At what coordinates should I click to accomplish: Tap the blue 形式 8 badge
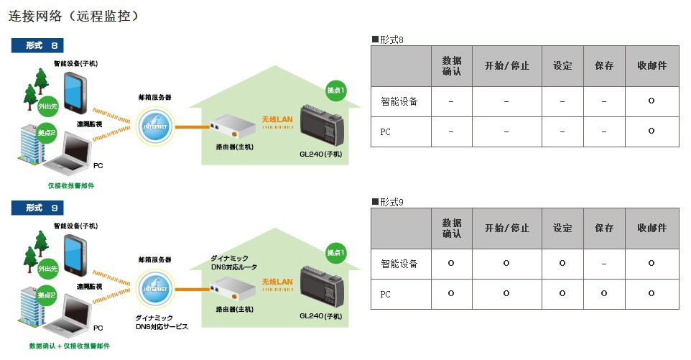(38, 45)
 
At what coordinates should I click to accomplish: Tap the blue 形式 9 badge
(38, 208)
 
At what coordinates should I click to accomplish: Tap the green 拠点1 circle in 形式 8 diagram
(335, 90)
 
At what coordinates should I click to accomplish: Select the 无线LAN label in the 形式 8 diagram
(277, 118)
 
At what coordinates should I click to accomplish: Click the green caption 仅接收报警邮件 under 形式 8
(71, 185)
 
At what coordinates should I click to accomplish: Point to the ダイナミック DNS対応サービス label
(162, 321)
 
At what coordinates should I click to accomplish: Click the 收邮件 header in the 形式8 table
(651, 66)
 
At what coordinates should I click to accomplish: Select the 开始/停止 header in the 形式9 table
(506, 229)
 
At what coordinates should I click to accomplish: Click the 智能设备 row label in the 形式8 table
(399, 101)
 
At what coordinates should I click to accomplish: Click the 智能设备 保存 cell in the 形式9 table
(604, 264)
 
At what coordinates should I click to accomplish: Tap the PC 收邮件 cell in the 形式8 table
(651, 131)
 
